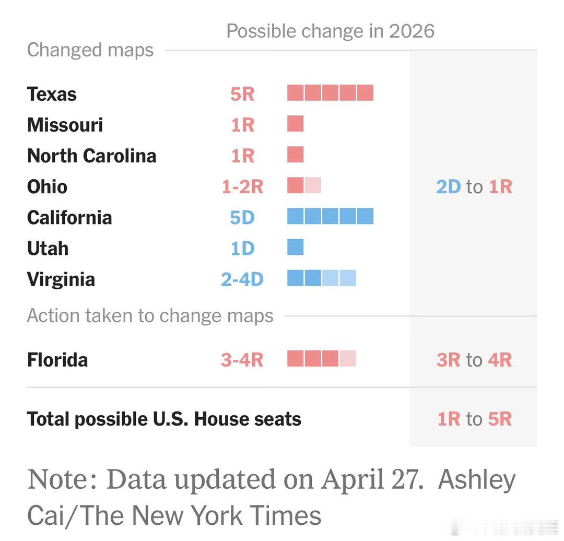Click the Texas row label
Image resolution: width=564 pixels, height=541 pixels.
[x=52, y=94]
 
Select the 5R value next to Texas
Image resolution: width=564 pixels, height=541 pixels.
[x=242, y=94]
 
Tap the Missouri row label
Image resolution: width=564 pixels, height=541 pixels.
[x=65, y=125]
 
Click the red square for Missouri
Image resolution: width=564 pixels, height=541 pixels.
[x=295, y=124]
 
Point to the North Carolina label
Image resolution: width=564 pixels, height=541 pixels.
[x=91, y=156]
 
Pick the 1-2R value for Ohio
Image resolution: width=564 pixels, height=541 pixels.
[x=242, y=186]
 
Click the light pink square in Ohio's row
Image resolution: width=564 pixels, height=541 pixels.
[x=313, y=185]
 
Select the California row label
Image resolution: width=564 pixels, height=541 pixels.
[x=69, y=217]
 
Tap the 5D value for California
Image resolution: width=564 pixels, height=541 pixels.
[x=242, y=217]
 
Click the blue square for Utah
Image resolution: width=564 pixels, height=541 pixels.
[x=295, y=247]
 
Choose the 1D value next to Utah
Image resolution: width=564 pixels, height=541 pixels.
[x=242, y=248]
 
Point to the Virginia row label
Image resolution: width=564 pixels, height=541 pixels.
[x=61, y=279]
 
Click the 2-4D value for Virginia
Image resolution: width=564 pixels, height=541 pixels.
[x=242, y=279]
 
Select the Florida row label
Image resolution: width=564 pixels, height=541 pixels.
[x=57, y=360]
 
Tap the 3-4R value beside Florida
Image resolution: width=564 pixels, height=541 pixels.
[x=242, y=360]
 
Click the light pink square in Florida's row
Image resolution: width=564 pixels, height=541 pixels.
[x=348, y=359]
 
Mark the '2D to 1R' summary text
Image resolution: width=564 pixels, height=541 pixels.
[x=474, y=186]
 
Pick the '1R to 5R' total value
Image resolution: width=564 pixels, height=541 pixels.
[x=474, y=419]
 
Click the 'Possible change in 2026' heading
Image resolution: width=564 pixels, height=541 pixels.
[x=330, y=31]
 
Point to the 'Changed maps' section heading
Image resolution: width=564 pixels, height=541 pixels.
[x=90, y=50]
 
